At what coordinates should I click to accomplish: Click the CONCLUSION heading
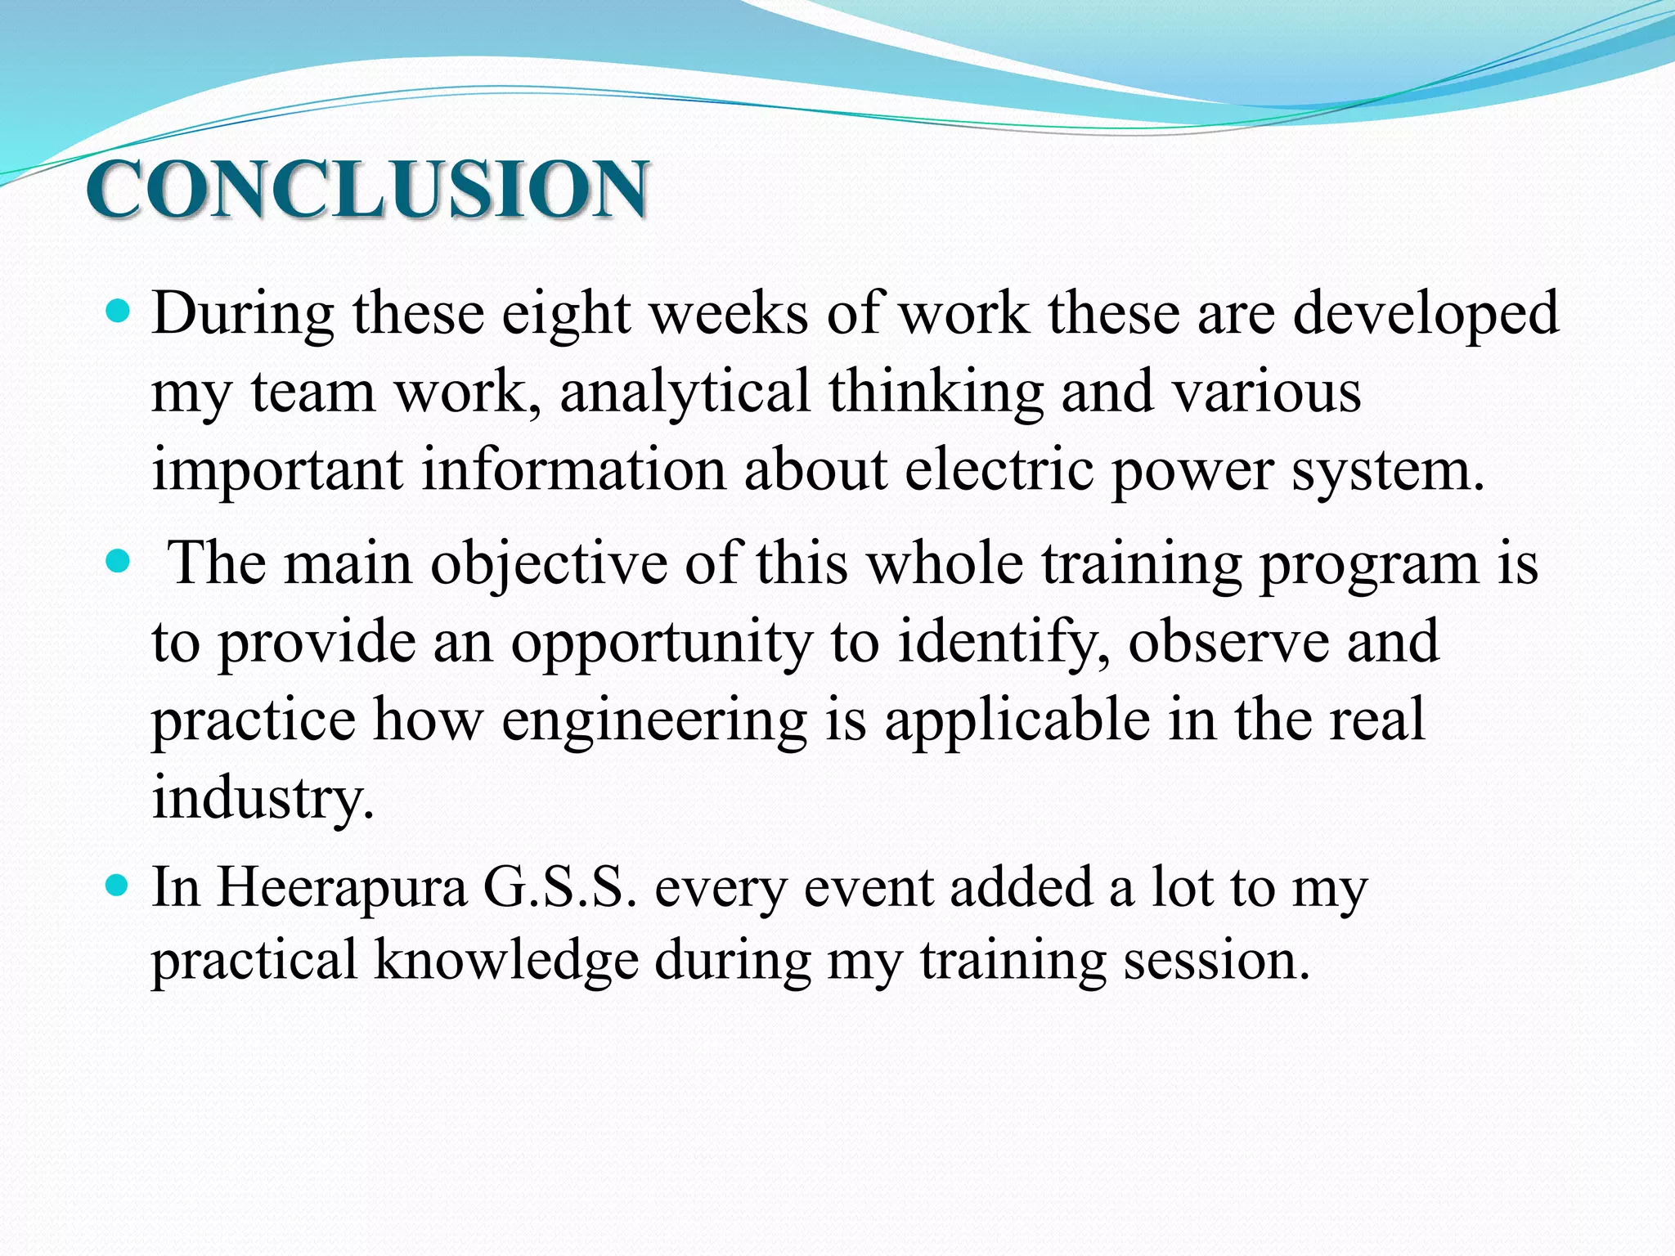click(368, 189)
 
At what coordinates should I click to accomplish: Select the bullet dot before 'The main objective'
click(119, 562)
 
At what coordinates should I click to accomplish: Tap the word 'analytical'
click(685, 392)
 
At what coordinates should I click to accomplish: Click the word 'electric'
click(999, 470)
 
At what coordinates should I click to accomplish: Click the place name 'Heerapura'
click(341, 888)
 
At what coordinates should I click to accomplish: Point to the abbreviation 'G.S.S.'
click(559, 887)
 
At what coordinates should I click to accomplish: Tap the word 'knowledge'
click(506, 960)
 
